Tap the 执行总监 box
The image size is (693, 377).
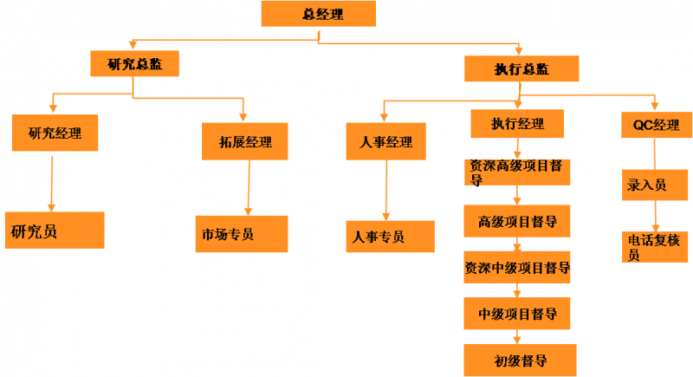point(521,68)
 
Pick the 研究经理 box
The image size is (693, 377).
point(54,133)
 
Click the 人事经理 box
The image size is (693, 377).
point(385,142)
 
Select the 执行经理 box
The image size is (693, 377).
point(518,124)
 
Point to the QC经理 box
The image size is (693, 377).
point(656,125)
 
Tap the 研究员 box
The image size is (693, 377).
point(54,231)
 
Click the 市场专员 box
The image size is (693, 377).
point(241,234)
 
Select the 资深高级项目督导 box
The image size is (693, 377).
point(518,171)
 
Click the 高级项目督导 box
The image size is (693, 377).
point(517,221)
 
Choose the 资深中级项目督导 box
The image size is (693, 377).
point(518,268)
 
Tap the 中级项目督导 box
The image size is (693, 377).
point(517,313)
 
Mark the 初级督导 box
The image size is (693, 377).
point(517,359)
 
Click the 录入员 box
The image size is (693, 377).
point(656,185)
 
